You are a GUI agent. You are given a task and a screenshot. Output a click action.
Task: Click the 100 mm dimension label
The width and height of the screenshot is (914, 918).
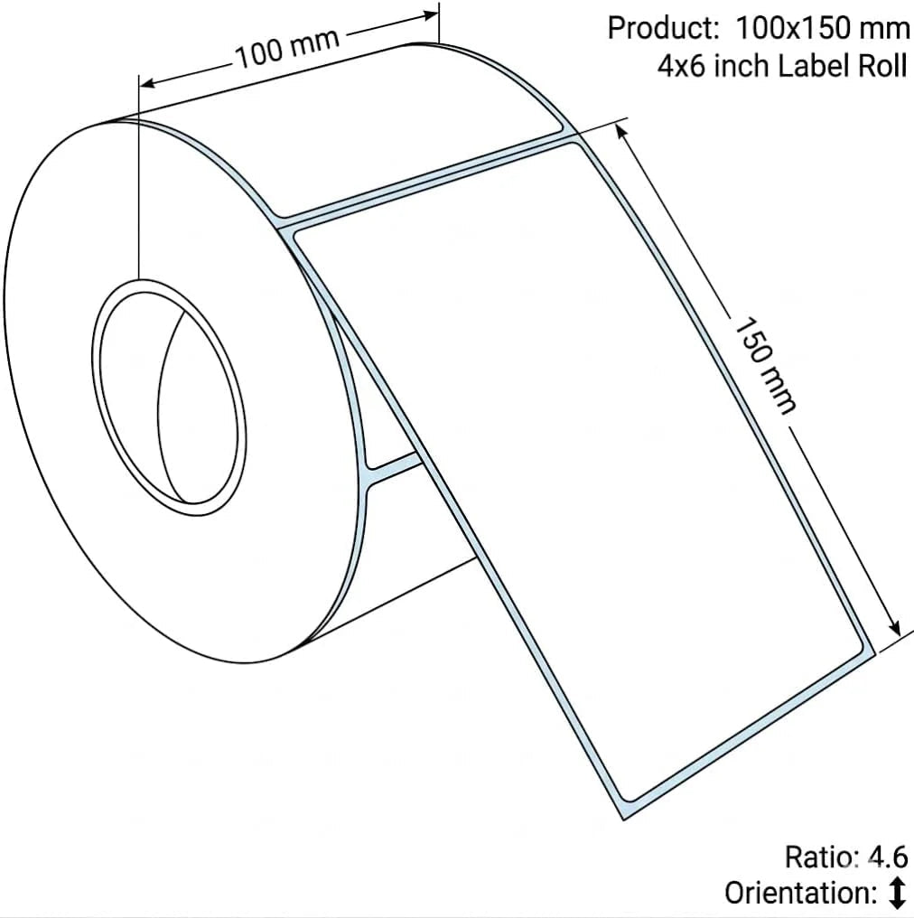[287, 48]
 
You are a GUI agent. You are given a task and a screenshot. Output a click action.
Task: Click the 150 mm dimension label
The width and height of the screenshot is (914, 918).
[764, 366]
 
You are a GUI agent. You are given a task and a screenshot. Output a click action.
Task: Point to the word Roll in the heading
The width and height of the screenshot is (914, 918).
[883, 66]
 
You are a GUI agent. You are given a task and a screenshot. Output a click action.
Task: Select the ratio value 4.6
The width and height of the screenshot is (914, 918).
[888, 857]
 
